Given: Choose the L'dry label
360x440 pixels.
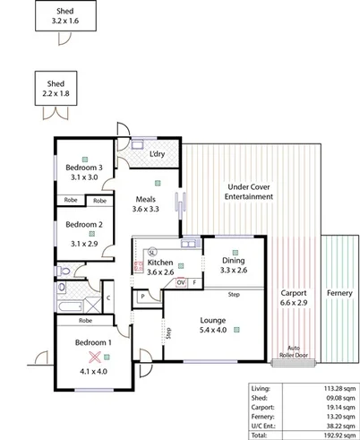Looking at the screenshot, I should tap(157, 154).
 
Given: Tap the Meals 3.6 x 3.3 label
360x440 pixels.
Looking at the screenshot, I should tap(144, 204).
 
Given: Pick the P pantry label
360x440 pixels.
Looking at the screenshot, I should tap(141, 297).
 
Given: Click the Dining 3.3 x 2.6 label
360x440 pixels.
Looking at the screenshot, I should tap(234, 265).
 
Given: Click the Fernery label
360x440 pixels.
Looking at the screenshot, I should tap(339, 293).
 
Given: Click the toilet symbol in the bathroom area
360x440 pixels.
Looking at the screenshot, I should tap(61, 270).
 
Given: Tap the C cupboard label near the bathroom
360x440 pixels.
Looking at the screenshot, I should tap(107, 297).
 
